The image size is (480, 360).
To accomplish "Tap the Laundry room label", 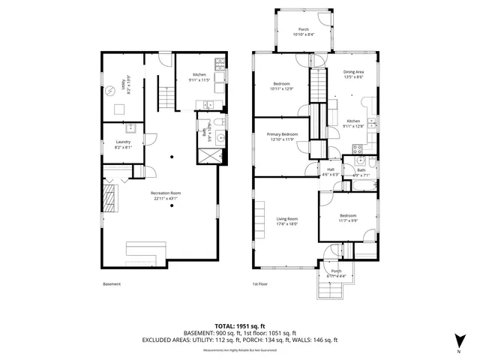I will pos(123,145).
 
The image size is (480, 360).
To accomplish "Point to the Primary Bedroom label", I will pos(283,136).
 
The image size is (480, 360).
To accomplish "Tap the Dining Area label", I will pos(354,74).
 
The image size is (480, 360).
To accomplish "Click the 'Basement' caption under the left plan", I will pos(111,284).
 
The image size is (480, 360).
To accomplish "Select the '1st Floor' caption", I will pos(260,284).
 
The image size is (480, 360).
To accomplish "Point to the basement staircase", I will pos(166,96).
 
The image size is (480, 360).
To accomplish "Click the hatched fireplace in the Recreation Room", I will pos(111,201).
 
